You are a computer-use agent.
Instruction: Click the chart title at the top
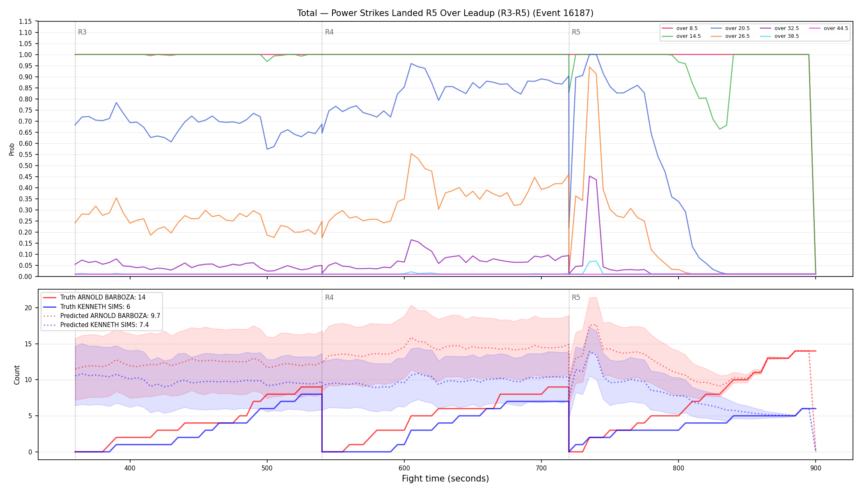445,13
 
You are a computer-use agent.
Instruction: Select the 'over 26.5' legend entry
730,36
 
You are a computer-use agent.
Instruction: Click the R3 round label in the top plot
82,32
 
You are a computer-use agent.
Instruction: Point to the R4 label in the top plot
329,32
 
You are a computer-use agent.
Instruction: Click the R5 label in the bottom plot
576,297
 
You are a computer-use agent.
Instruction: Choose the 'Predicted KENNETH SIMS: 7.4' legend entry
96,325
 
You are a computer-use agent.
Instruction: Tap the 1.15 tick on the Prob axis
25,21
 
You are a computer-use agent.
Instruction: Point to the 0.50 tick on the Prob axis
25,166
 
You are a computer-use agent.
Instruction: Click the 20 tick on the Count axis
28,308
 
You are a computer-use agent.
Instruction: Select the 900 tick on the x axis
816,468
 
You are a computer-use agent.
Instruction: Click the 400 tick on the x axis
130,468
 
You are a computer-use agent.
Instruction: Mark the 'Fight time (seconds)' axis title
445,479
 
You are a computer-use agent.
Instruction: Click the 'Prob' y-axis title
12,149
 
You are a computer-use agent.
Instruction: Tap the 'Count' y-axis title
17,375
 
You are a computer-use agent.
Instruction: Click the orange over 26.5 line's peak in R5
589,67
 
